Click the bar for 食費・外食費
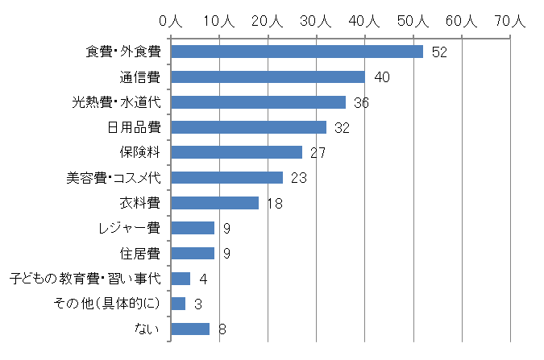297,52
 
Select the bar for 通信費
268,77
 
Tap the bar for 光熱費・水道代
258,102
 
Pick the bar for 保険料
236,152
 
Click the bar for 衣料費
214,203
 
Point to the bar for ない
190,329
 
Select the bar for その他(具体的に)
178,304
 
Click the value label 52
439,52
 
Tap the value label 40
382,77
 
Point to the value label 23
299,178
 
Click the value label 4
203,279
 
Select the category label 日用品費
134,127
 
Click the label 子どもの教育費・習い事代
85,279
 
